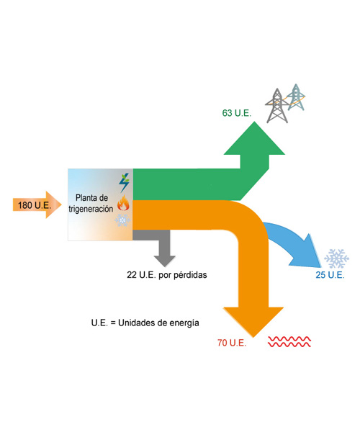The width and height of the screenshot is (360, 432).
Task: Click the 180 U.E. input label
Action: tap(35, 205)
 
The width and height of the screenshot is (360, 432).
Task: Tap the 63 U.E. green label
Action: tap(237, 113)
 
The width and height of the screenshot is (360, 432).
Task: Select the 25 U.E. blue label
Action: tap(330, 275)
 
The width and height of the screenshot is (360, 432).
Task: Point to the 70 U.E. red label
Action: tap(232, 343)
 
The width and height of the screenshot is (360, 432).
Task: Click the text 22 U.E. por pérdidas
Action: tap(167, 275)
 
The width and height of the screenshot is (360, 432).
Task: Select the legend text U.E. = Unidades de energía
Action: tap(145, 323)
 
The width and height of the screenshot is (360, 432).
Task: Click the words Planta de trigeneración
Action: tap(91, 203)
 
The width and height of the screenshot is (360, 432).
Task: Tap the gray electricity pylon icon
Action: tap(276, 106)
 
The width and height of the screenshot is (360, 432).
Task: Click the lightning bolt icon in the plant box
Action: tap(125, 183)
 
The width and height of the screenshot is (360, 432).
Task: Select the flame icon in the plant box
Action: tap(123, 203)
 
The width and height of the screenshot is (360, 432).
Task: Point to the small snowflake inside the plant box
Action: tap(122, 220)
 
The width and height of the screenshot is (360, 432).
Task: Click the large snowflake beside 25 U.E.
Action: tap(336, 258)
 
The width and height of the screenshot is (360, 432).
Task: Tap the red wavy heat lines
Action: tap(289, 341)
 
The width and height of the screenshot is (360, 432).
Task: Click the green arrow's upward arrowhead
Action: tap(254, 138)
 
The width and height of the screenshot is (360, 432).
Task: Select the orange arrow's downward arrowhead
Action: tap(253, 322)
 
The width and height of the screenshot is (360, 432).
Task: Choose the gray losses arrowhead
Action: tap(165, 261)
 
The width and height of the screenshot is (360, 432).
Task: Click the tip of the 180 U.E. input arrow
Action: tap(61, 204)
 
